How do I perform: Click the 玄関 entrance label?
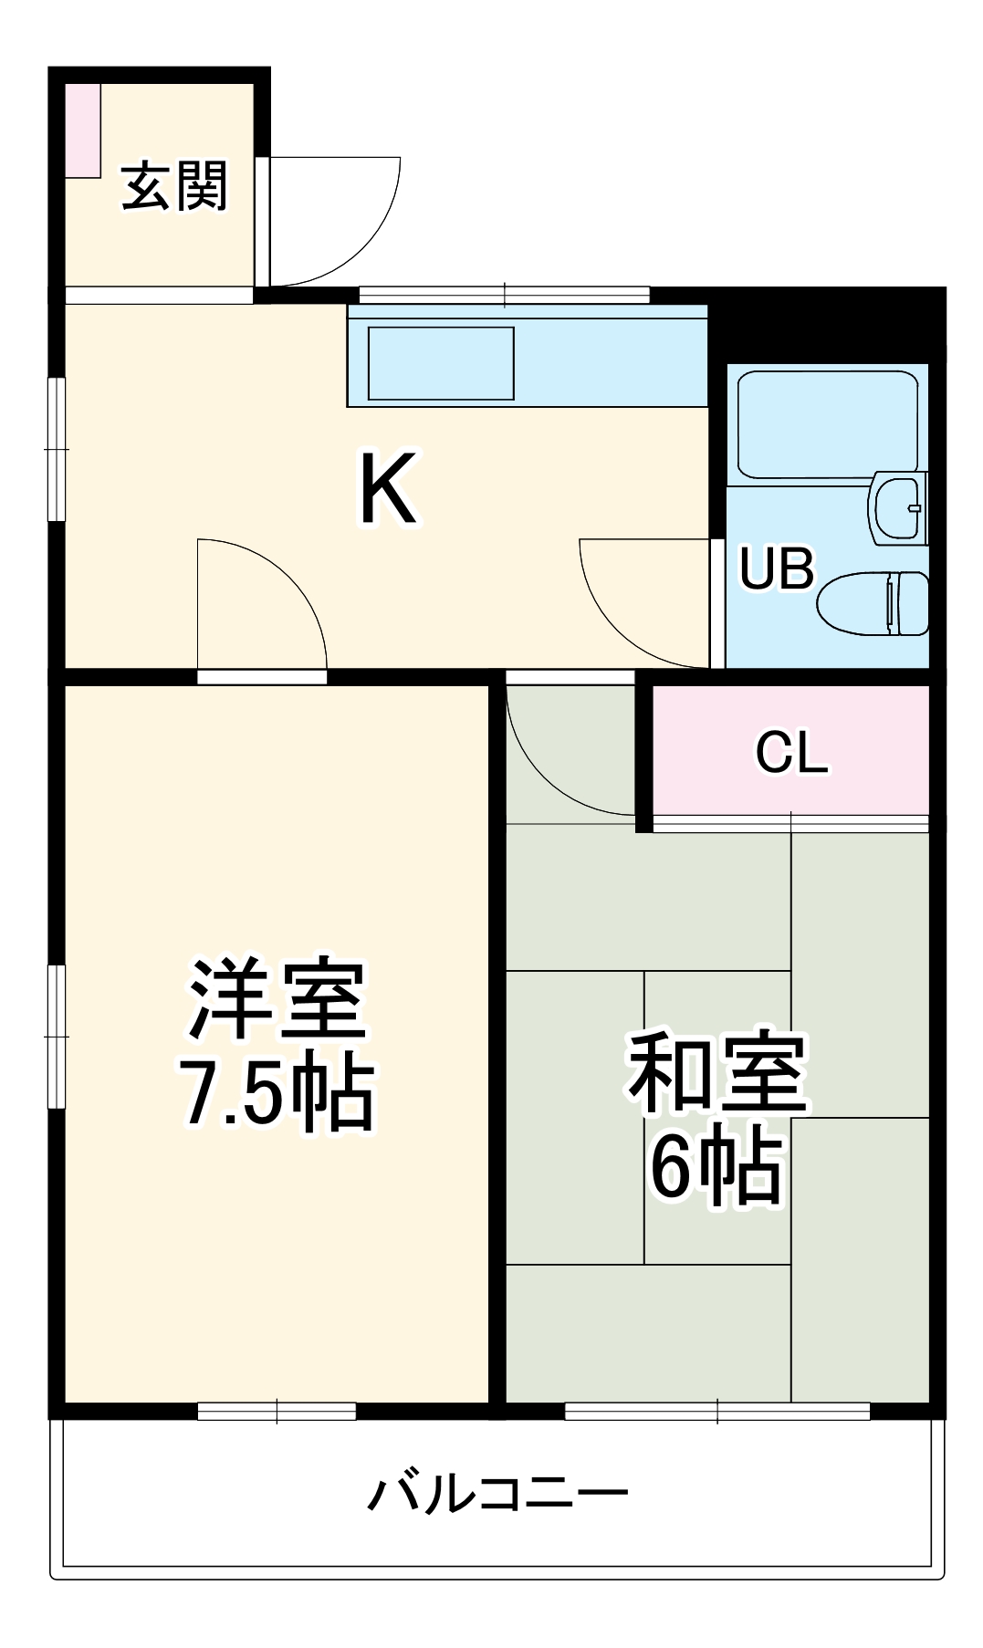point(173,187)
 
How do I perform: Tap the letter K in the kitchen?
point(388,490)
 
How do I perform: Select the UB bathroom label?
point(776,568)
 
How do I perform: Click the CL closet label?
point(791,754)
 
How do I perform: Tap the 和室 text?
point(717,1075)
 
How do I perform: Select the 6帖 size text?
point(717,1168)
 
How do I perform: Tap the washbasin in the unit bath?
point(899,507)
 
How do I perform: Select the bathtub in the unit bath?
point(827,422)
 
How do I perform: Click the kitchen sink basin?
point(440,363)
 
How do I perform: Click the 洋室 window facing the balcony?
point(277,1411)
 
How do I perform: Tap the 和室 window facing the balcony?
point(717,1411)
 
